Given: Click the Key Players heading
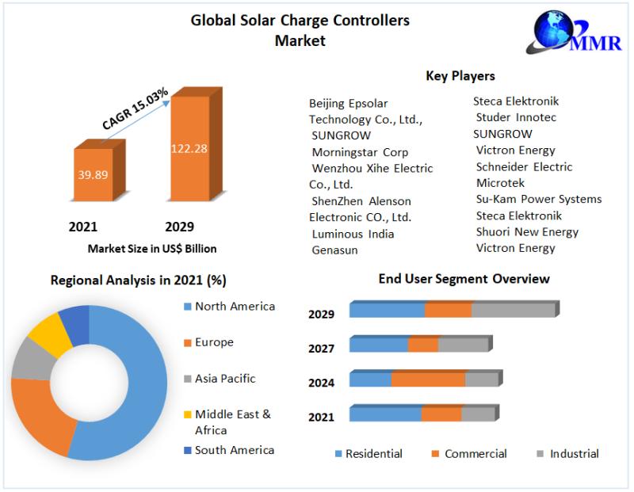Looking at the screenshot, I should coord(460,76).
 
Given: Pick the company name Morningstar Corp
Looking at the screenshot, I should coord(360,151).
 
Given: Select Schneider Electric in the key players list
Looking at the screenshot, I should coord(524,166).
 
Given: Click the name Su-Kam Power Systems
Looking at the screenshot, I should coord(539,199).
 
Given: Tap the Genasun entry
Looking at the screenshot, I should coord(335,250).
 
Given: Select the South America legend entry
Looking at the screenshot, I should coord(234,450).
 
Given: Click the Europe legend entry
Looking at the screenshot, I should coord(214,342).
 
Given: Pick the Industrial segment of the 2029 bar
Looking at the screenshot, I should coord(514,309).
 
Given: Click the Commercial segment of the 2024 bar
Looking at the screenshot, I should coord(428,379).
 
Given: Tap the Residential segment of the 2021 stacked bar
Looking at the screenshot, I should coord(385,414).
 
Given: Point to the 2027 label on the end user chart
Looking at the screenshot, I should coord(321,349).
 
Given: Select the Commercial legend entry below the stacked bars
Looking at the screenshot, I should coord(475,454).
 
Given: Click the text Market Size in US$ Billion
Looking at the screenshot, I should coord(152,249).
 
